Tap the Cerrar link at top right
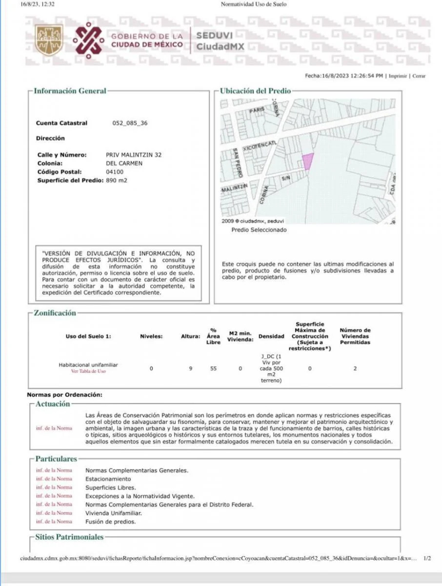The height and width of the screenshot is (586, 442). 419,76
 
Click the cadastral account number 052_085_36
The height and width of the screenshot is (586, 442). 130,123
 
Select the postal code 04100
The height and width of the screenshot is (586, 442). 114,172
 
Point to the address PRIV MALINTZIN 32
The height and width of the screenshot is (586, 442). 134,155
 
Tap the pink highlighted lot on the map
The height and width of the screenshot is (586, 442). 307,161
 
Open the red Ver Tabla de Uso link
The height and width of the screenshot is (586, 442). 89,371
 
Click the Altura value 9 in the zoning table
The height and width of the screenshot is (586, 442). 191,368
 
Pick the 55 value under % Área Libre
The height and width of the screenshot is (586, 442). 213,368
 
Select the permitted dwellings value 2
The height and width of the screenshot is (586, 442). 355,368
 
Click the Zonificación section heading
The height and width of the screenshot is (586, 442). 55,313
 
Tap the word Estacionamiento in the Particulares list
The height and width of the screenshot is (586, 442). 108,479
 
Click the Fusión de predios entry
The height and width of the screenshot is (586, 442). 110,522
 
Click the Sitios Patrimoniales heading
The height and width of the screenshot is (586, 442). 69,537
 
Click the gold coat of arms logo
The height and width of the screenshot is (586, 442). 49,40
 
